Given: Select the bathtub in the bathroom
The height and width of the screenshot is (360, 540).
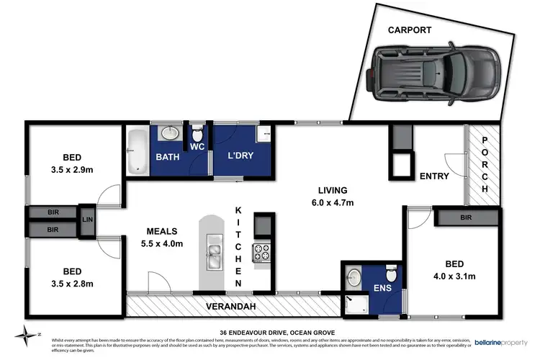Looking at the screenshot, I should click(137, 151).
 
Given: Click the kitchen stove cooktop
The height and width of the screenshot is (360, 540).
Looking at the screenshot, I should click(260, 253).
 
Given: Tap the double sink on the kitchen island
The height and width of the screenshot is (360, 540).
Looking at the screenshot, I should click(214, 252).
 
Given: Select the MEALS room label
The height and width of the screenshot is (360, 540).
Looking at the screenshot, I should click(163, 232).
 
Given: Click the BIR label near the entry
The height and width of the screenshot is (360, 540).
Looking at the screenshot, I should click(466, 217).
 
